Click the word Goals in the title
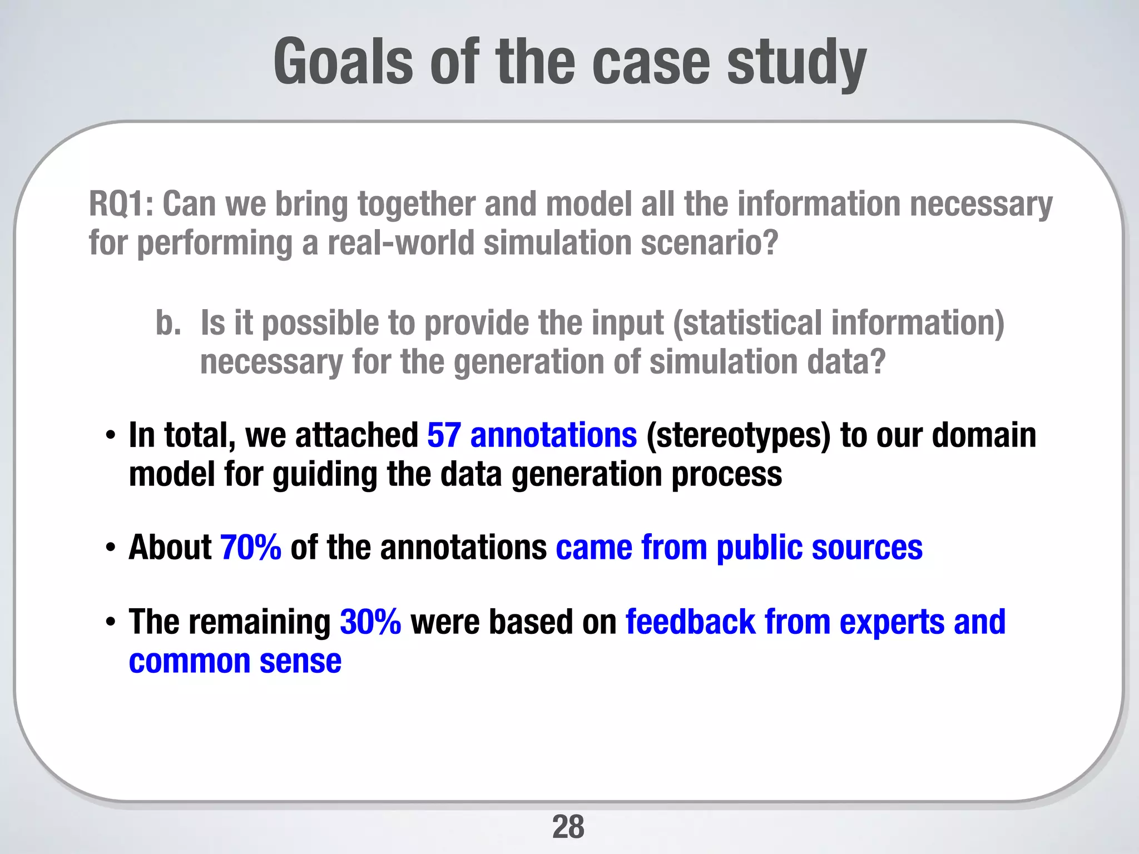pyautogui.click(x=343, y=61)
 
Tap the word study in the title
pyautogui.click(x=796, y=62)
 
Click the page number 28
pyautogui.click(x=568, y=827)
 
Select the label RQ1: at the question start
pyautogui.click(x=121, y=204)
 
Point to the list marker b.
pyautogui.click(x=168, y=323)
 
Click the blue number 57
pyautogui.click(x=444, y=435)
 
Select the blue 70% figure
pyautogui.click(x=251, y=548)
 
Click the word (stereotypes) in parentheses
pyautogui.click(x=738, y=435)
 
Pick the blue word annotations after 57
pyautogui.click(x=553, y=435)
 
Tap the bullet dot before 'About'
pyautogui.click(x=111, y=548)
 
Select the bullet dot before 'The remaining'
pyautogui.click(x=111, y=622)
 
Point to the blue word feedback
pyautogui.click(x=690, y=622)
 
